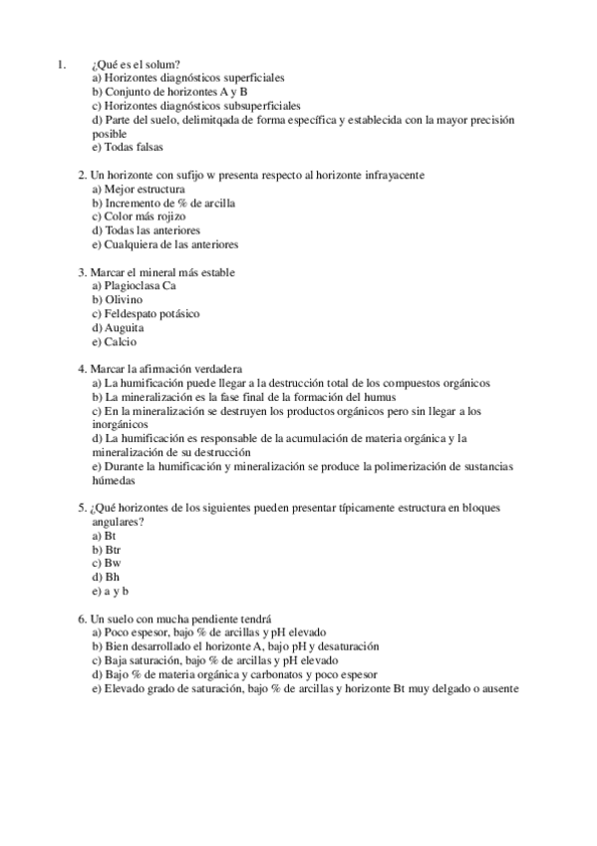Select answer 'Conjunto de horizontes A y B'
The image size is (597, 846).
169,91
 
